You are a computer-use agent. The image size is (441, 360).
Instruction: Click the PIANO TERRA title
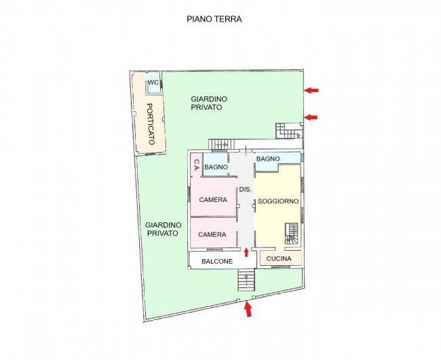(214, 19)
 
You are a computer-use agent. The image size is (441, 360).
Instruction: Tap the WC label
(153, 82)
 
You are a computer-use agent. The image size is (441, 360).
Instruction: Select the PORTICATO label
(151, 124)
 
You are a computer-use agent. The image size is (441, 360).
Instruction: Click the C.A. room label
(197, 165)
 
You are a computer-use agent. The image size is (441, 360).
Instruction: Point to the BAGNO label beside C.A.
(216, 167)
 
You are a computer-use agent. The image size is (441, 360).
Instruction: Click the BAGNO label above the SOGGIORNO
(268, 159)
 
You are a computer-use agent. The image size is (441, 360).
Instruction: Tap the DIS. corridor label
(245, 189)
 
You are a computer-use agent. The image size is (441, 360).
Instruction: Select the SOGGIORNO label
(278, 201)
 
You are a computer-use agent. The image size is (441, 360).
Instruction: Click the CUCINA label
(279, 258)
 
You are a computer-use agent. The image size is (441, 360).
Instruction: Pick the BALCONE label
(217, 262)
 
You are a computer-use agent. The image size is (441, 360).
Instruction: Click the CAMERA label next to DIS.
(213, 199)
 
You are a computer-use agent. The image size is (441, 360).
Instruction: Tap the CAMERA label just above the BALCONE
(212, 235)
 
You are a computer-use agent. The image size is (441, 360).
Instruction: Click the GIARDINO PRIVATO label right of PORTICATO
(209, 103)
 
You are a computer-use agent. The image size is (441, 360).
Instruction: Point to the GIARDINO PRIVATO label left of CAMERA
(163, 229)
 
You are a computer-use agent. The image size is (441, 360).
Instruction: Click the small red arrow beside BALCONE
(246, 252)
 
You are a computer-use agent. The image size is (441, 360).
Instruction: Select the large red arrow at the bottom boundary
(248, 309)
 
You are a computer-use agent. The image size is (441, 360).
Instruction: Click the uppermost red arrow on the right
(311, 90)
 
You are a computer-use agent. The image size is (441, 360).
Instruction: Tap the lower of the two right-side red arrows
(311, 117)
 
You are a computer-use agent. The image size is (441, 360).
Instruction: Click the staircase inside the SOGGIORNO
(292, 233)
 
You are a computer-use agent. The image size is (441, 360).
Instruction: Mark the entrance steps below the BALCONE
(246, 280)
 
